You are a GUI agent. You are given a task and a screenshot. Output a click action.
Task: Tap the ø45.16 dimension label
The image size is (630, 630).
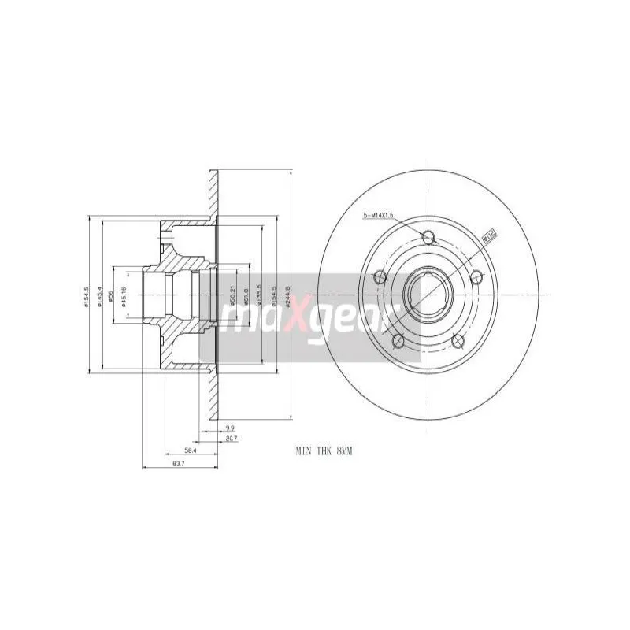124,297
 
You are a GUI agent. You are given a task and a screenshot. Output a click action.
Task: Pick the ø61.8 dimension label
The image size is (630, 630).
246,295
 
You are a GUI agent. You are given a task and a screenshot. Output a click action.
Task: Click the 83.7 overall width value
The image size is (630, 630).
178,465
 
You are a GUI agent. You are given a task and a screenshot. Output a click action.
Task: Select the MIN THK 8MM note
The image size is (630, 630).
323,451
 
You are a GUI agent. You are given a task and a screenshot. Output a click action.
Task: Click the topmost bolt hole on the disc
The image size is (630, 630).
428,237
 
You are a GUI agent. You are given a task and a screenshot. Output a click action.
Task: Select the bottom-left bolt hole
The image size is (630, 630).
398,340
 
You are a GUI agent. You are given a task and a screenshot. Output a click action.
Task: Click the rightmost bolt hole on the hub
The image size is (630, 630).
476,276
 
